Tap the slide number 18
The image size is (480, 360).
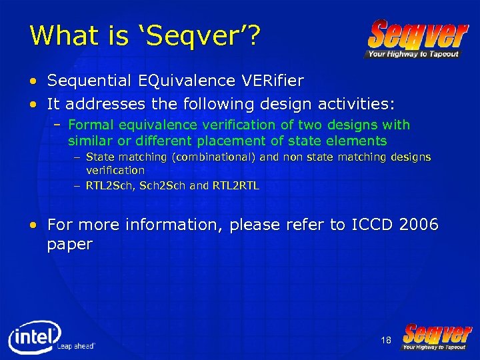click(386, 341)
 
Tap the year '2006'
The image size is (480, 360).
click(418, 225)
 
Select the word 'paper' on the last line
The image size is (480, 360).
click(69, 245)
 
